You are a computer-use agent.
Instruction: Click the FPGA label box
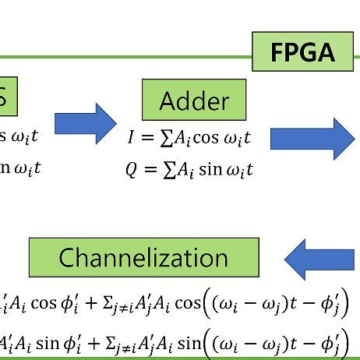(x=302, y=52)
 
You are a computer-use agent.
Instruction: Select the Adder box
(x=194, y=100)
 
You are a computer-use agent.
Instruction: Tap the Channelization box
(x=143, y=257)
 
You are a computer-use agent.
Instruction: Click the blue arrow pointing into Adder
(x=85, y=123)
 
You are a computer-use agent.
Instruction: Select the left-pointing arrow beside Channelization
(x=321, y=256)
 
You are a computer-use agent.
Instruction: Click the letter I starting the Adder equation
(x=132, y=139)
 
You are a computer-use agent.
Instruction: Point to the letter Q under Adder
(x=131, y=169)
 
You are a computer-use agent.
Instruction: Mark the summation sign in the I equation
(x=165, y=139)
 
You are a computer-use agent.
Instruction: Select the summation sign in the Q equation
(x=165, y=169)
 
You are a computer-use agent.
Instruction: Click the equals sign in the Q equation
(x=148, y=169)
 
